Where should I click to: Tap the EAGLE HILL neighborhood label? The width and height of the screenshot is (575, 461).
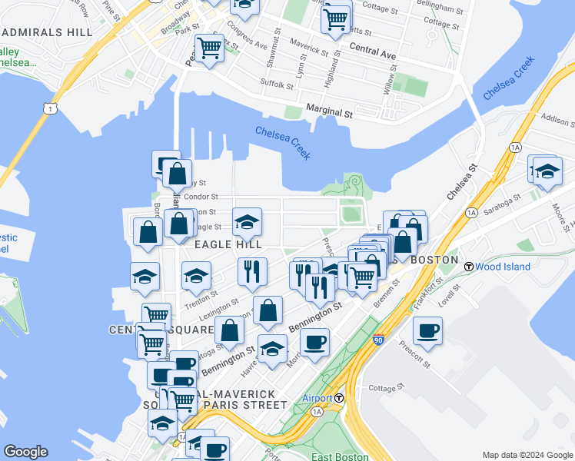[228, 244]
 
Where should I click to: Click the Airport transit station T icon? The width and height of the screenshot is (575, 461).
[339, 398]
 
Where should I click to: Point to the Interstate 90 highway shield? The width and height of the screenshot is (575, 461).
[377, 339]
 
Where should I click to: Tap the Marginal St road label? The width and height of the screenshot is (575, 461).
[329, 111]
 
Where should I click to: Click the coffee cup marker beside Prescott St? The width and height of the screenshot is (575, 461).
[427, 331]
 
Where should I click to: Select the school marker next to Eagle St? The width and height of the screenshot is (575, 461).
[248, 223]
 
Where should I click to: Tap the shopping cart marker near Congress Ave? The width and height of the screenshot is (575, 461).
[210, 48]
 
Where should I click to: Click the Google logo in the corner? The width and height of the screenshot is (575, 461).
[25, 453]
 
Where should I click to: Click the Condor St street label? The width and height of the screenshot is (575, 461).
[204, 197]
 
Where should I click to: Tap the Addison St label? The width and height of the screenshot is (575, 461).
[557, 121]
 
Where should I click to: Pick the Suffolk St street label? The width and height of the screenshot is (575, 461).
[278, 83]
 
